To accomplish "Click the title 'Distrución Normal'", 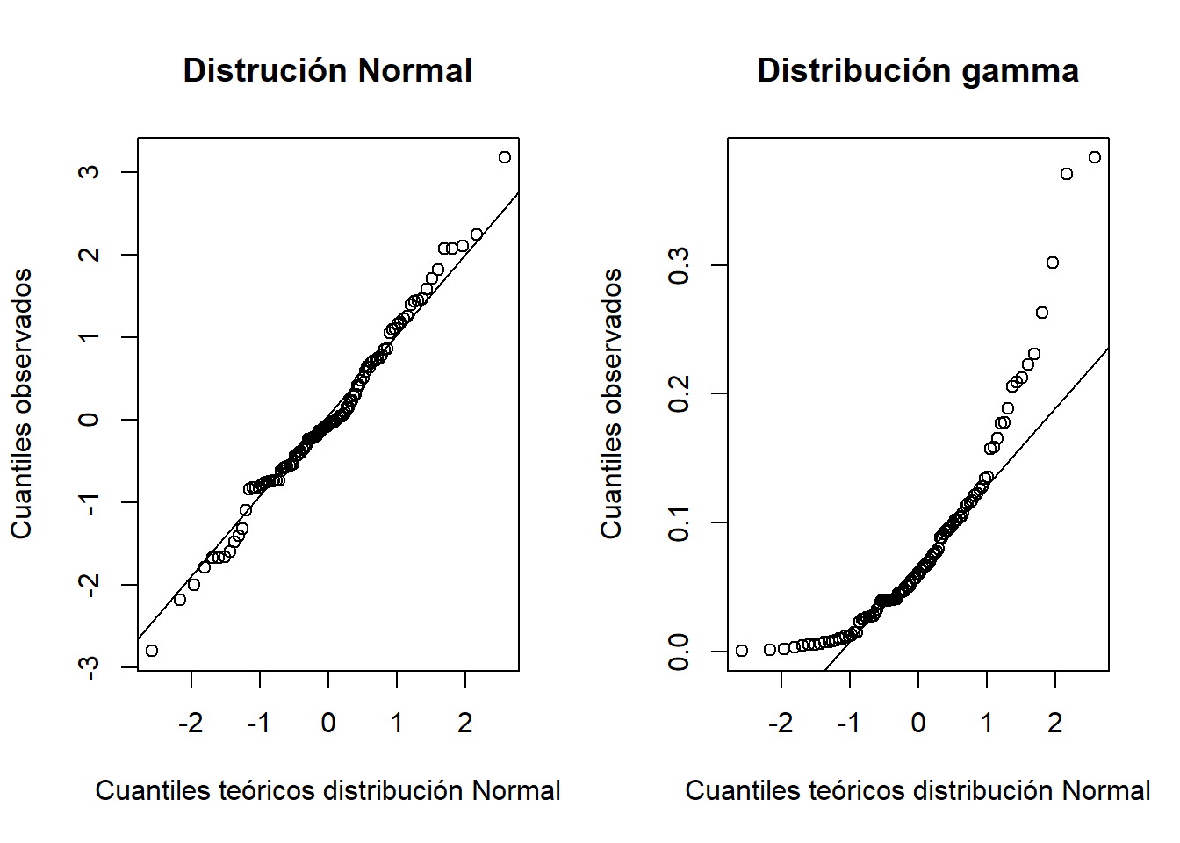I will (327, 70).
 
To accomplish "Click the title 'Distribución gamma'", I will (917, 70).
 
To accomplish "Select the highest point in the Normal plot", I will (505, 157).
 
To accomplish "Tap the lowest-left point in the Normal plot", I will (152, 651).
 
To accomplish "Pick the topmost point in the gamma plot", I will (1095, 157).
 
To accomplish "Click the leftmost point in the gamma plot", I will (742, 651).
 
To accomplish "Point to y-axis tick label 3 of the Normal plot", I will (89, 172).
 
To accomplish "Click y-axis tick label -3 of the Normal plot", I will (89, 667).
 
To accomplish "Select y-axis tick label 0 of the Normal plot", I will (89, 420).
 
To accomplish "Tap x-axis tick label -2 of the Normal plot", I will (191, 723).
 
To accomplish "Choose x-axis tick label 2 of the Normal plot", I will (465, 723).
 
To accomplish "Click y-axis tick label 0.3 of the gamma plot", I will (679, 265).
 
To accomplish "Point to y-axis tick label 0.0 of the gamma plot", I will (679, 652).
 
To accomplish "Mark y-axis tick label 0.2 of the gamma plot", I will (679, 393).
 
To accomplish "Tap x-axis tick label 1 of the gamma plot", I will (987, 723).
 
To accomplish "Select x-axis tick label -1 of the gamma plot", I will (849, 723).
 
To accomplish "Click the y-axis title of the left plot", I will (21, 404).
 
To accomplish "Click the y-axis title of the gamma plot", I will (611, 404).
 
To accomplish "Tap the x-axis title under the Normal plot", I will (327, 790).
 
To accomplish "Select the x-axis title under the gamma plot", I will (917, 790).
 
